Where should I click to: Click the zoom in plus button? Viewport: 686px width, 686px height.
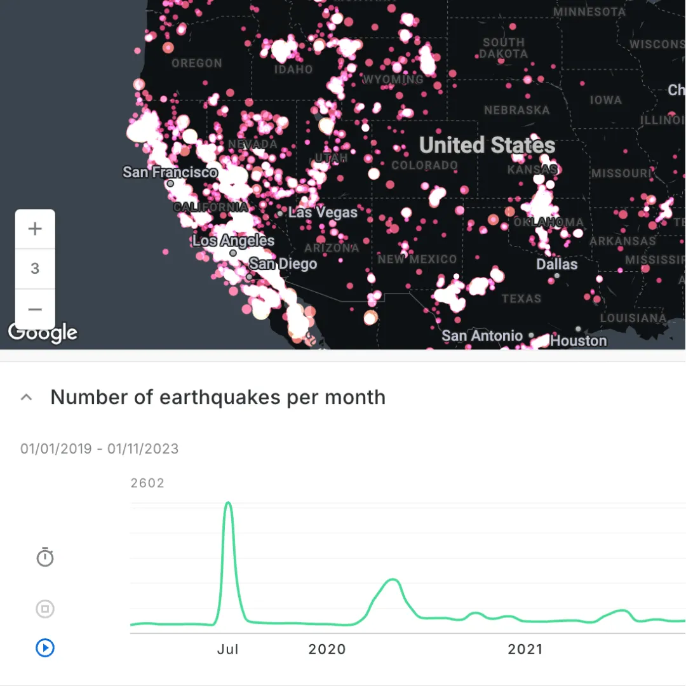[x=35, y=229]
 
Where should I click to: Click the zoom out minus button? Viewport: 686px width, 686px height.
[x=35, y=309]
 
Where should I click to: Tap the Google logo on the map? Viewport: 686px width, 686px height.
[x=43, y=332]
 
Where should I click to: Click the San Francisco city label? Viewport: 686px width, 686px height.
[x=170, y=172]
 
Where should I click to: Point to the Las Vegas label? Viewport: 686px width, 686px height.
[x=323, y=212]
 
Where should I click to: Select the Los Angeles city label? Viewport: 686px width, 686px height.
[x=233, y=241]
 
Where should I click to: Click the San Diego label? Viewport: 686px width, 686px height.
[x=283, y=264]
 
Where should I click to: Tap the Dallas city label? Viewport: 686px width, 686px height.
[x=557, y=264]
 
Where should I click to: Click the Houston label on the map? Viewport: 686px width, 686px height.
[x=579, y=340]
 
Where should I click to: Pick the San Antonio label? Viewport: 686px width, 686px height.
[x=482, y=335]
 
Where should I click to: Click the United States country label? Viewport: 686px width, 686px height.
[x=487, y=145]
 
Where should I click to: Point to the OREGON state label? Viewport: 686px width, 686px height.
[x=197, y=64]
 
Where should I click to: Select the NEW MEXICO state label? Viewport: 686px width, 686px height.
[x=417, y=259]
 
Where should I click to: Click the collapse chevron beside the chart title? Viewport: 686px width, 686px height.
[x=26, y=398]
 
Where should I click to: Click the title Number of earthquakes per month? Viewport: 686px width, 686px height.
[x=218, y=398]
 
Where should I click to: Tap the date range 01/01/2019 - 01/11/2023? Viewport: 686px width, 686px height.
[x=100, y=449]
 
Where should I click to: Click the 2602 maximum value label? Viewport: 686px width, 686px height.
[x=147, y=483]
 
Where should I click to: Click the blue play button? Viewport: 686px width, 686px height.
[x=45, y=648]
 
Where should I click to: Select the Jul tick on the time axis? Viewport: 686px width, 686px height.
[x=227, y=649]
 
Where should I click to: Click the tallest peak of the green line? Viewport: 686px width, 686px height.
[x=228, y=503]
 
